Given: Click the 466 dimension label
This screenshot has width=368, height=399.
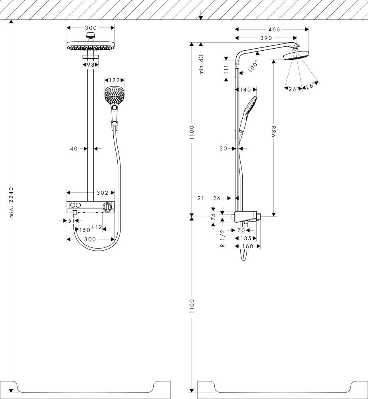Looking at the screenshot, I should click(274, 29).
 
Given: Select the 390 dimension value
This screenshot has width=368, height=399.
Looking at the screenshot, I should click(266, 38).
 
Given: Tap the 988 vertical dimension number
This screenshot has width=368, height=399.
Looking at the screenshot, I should click(274, 132).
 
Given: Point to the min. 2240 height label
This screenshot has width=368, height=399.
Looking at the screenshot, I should click(11, 202).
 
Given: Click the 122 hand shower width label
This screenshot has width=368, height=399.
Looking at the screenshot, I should click(114, 80).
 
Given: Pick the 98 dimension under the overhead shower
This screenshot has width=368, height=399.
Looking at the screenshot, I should click(91, 65).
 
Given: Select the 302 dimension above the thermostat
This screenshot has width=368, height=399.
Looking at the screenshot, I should click(103, 193).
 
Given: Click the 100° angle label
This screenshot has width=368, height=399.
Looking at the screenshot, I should click(253, 66).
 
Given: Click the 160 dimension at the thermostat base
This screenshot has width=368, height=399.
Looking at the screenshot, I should click(247, 246).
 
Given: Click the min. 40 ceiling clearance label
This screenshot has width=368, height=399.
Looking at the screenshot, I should click(202, 64).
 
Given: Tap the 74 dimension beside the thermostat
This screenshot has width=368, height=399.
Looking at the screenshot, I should click(213, 217).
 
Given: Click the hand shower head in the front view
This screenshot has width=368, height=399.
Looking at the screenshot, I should click(114, 96).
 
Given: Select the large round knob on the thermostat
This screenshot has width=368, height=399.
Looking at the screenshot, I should click(107, 206).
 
